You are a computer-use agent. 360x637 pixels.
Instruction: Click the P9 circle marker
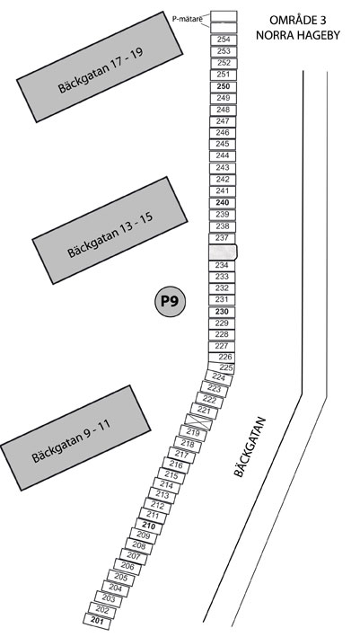pyautogui.click(x=171, y=302)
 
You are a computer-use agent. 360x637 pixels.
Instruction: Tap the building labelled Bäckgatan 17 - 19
pyautogui.click(x=100, y=66)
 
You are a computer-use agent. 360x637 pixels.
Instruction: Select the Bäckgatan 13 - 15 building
pyautogui.click(x=110, y=230)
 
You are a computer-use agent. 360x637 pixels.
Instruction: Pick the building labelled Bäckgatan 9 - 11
pyautogui.click(x=76, y=438)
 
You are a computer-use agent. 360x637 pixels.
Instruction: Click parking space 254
pyautogui.click(x=224, y=40)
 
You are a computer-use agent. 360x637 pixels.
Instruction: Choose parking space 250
pyautogui.click(x=224, y=86)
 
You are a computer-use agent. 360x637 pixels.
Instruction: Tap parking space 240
pyautogui.click(x=223, y=203)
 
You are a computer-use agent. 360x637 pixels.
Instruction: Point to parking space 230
pyautogui.click(x=222, y=312)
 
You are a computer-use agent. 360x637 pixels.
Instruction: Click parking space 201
pyautogui.click(x=97, y=621)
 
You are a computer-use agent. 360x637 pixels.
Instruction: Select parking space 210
pyautogui.click(x=149, y=526)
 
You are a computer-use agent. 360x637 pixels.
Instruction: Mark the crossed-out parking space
pyautogui.click(x=198, y=421)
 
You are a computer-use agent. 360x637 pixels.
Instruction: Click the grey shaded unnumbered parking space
pyautogui.click(x=223, y=252)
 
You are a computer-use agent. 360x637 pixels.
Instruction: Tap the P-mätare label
pyautogui.click(x=187, y=17)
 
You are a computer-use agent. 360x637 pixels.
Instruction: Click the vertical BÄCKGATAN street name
pyautogui.click(x=250, y=447)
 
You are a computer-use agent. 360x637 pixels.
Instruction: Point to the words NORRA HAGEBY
pyautogui.click(x=298, y=35)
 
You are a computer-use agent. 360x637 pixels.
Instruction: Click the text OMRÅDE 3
pyautogui.click(x=298, y=20)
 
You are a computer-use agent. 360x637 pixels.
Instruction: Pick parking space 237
pyautogui.click(x=223, y=238)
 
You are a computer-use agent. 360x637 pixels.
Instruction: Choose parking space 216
pyautogui.click(x=176, y=464)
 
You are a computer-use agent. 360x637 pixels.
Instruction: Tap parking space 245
pyautogui.click(x=223, y=145)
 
